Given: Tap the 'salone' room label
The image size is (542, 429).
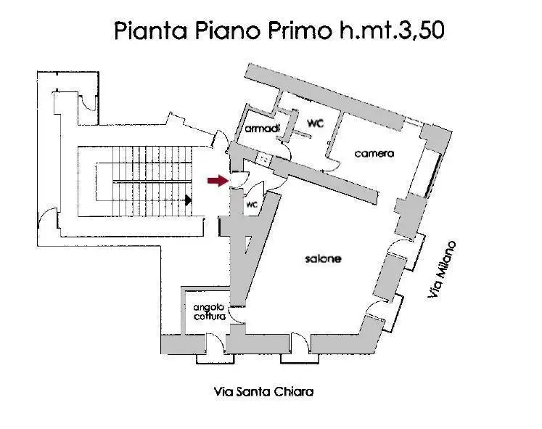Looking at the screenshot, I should [x=323, y=259].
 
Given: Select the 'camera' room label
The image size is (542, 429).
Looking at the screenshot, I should [x=374, y=153].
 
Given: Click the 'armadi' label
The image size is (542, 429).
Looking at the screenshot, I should [x=258, y=128].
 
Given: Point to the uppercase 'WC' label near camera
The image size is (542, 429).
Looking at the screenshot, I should [x=314, y=123].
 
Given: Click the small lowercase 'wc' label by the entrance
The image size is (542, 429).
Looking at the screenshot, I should [x=252, y=205].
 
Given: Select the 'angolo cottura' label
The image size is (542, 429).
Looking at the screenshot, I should [x=209, y=311].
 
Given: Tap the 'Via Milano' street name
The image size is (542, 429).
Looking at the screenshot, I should [x=442, y=269].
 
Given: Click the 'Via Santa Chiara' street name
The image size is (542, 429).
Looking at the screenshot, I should [x=264, y=391].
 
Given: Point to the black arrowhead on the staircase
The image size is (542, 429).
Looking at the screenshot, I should [x=188, y=200].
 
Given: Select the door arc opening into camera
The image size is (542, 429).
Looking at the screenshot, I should [x=327, y=165].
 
